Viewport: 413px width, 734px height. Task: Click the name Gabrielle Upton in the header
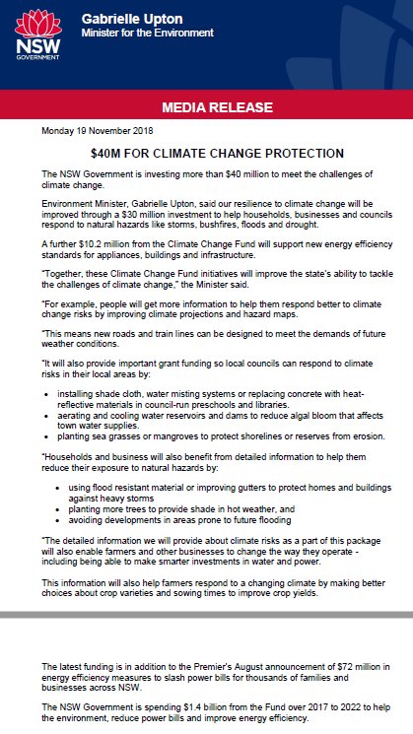coord(127,19)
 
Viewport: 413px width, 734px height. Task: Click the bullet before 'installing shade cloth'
coord(47,394)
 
